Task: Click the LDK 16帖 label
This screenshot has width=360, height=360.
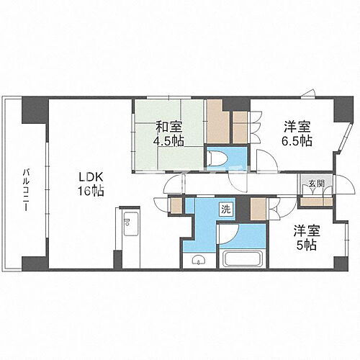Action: pos(91,184)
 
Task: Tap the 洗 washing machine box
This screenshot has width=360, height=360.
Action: pos(226,210)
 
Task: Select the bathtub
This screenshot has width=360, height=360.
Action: pos(241,258)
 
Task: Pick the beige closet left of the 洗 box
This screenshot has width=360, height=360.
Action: pos(176,205)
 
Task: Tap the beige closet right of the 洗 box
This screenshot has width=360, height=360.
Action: pos(258,209)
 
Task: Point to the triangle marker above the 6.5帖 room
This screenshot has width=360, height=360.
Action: pos(309,91)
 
